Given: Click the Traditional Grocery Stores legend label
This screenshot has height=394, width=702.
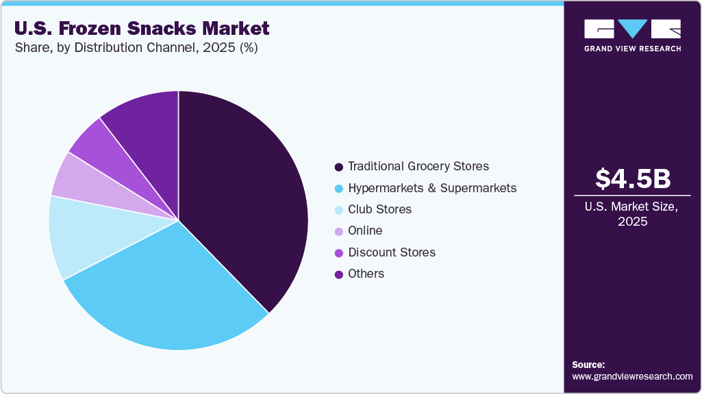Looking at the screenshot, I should pos(418,166).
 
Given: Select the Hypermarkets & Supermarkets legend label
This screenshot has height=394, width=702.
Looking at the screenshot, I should pos(432,187).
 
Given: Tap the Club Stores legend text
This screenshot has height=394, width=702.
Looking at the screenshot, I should pos(379,209).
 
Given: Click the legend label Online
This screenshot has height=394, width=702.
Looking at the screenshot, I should pos(365,231).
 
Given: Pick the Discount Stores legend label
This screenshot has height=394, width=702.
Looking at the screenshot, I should pos(391,252).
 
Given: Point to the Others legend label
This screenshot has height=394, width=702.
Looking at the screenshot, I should pos(366,274).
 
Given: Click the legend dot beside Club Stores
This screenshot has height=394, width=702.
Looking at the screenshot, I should pos(338,210).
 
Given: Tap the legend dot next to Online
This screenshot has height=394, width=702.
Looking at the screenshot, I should pos(338,231).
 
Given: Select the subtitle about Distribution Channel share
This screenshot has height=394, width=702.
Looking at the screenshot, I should pos(136,49).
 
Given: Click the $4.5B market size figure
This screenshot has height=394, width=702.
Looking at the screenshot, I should pos(632,179).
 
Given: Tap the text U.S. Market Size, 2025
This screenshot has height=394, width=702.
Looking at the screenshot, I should pos(632,214).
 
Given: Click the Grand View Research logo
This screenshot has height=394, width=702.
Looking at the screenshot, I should pos(632,35).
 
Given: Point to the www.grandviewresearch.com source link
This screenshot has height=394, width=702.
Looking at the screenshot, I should pos(632,376).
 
